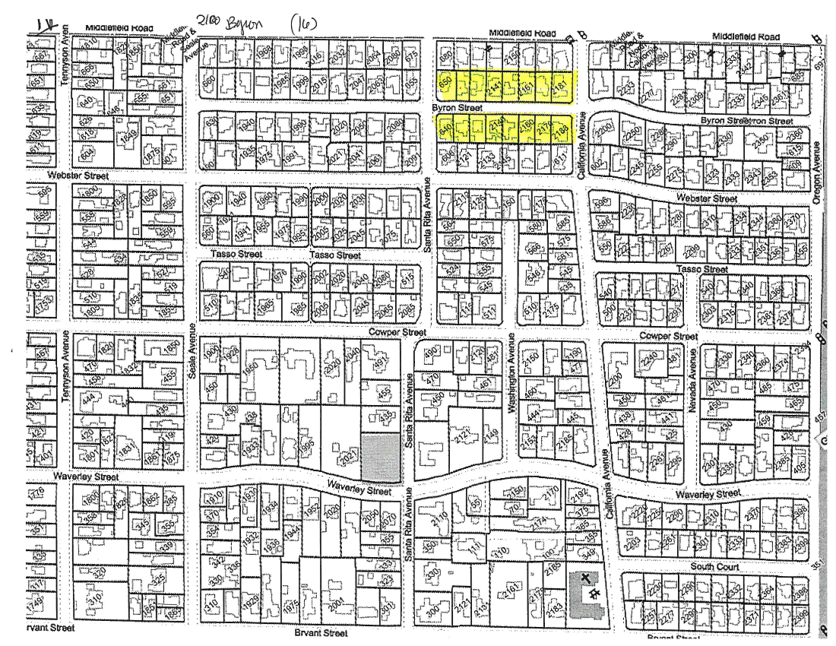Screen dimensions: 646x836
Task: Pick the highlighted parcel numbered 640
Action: click(447, 130)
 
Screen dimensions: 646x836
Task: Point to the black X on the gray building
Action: click(585, 578)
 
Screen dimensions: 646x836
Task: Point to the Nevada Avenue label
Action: click(693, 391)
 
